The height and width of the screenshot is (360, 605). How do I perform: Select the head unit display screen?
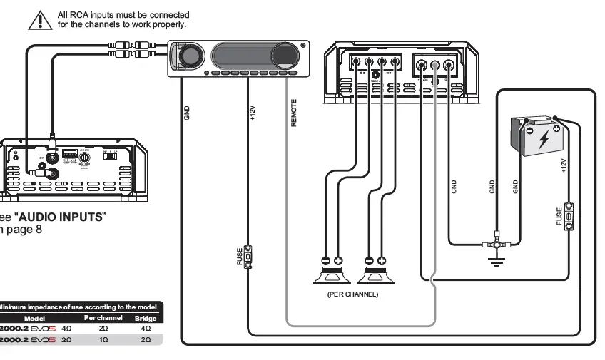[x=242, y=56]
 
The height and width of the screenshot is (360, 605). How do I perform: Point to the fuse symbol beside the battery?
[x=569, y=217]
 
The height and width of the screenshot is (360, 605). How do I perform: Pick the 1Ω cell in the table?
[x=103, y=340]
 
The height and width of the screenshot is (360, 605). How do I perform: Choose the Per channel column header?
[x=103, y=317]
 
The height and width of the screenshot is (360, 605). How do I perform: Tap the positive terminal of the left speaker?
[x=338, y=261]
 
